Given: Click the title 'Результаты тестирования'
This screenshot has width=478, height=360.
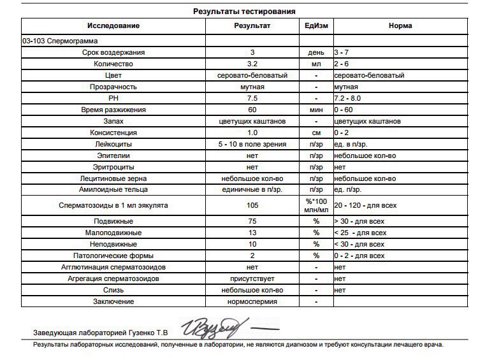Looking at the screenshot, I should coord(244,11).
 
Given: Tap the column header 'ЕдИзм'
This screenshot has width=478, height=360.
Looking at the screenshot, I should coord(316,25).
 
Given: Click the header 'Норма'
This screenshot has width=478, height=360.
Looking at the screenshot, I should coord(400,25).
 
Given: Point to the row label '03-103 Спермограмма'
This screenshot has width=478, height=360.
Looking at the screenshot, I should coord(55,40).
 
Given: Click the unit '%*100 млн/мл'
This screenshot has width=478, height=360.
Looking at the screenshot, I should coord(316,205).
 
